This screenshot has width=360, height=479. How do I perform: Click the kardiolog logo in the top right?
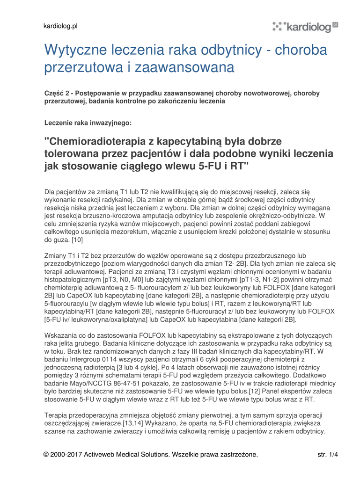tap(305, 27)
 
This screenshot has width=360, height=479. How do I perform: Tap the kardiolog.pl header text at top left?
tap(60, 26)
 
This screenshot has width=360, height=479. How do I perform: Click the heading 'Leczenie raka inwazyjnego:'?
tap(88, 123)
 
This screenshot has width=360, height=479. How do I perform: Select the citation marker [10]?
tap(76, 240)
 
